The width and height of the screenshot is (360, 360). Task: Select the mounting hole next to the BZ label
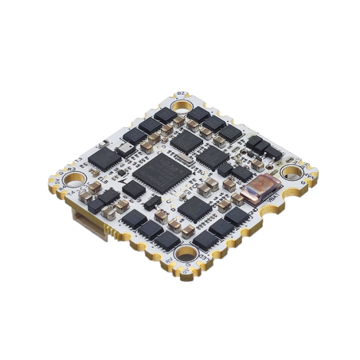pos(181,104)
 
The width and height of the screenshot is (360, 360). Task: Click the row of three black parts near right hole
pos(260,146)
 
